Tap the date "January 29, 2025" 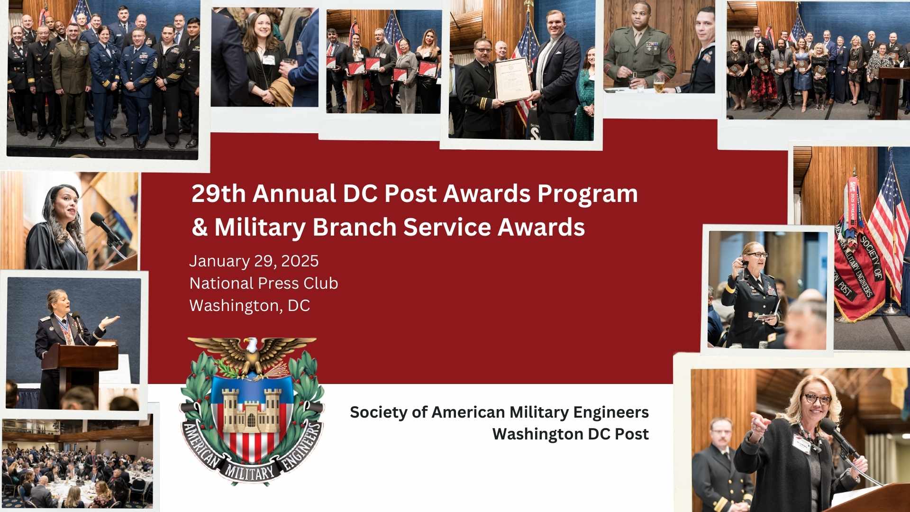click(x=254, y=261)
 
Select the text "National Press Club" click(x=264, y=283)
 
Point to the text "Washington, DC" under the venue click(x=249, y=306)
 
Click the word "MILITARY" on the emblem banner click(x=250, y=471)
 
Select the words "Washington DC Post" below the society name click(x=570, y=434)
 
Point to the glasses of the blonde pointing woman click(x=816, y=399)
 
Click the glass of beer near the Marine click(x=659, y=85)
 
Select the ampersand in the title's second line click(x=200, y=228)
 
